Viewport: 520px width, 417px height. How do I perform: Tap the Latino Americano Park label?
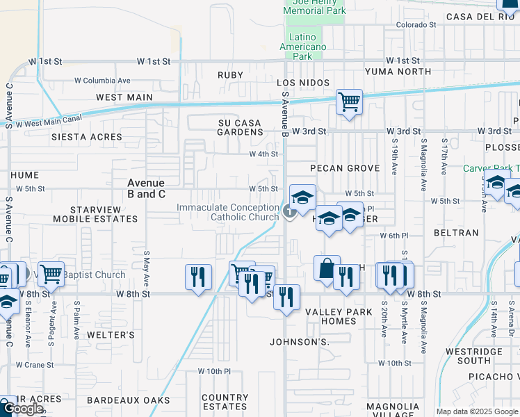point(302,47)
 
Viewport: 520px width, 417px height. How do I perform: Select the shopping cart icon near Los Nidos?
point(349,103)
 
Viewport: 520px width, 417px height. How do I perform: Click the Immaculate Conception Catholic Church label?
point(228,212)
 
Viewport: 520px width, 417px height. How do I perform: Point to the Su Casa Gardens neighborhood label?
point(239,127)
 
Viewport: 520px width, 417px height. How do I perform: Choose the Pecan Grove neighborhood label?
point(345,168)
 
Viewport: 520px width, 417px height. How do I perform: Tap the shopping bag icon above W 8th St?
point(326,268)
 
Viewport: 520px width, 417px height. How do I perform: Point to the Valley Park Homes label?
point(339,316)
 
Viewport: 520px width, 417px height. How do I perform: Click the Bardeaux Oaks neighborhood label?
point(128,400)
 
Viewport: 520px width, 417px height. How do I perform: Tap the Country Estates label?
point(225,402)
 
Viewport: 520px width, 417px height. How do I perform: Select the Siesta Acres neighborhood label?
point(87,137)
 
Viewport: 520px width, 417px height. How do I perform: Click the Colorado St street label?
point(416,25)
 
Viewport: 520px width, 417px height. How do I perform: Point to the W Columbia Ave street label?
point(103,81)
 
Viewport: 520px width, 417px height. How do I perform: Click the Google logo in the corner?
point(23,409)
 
